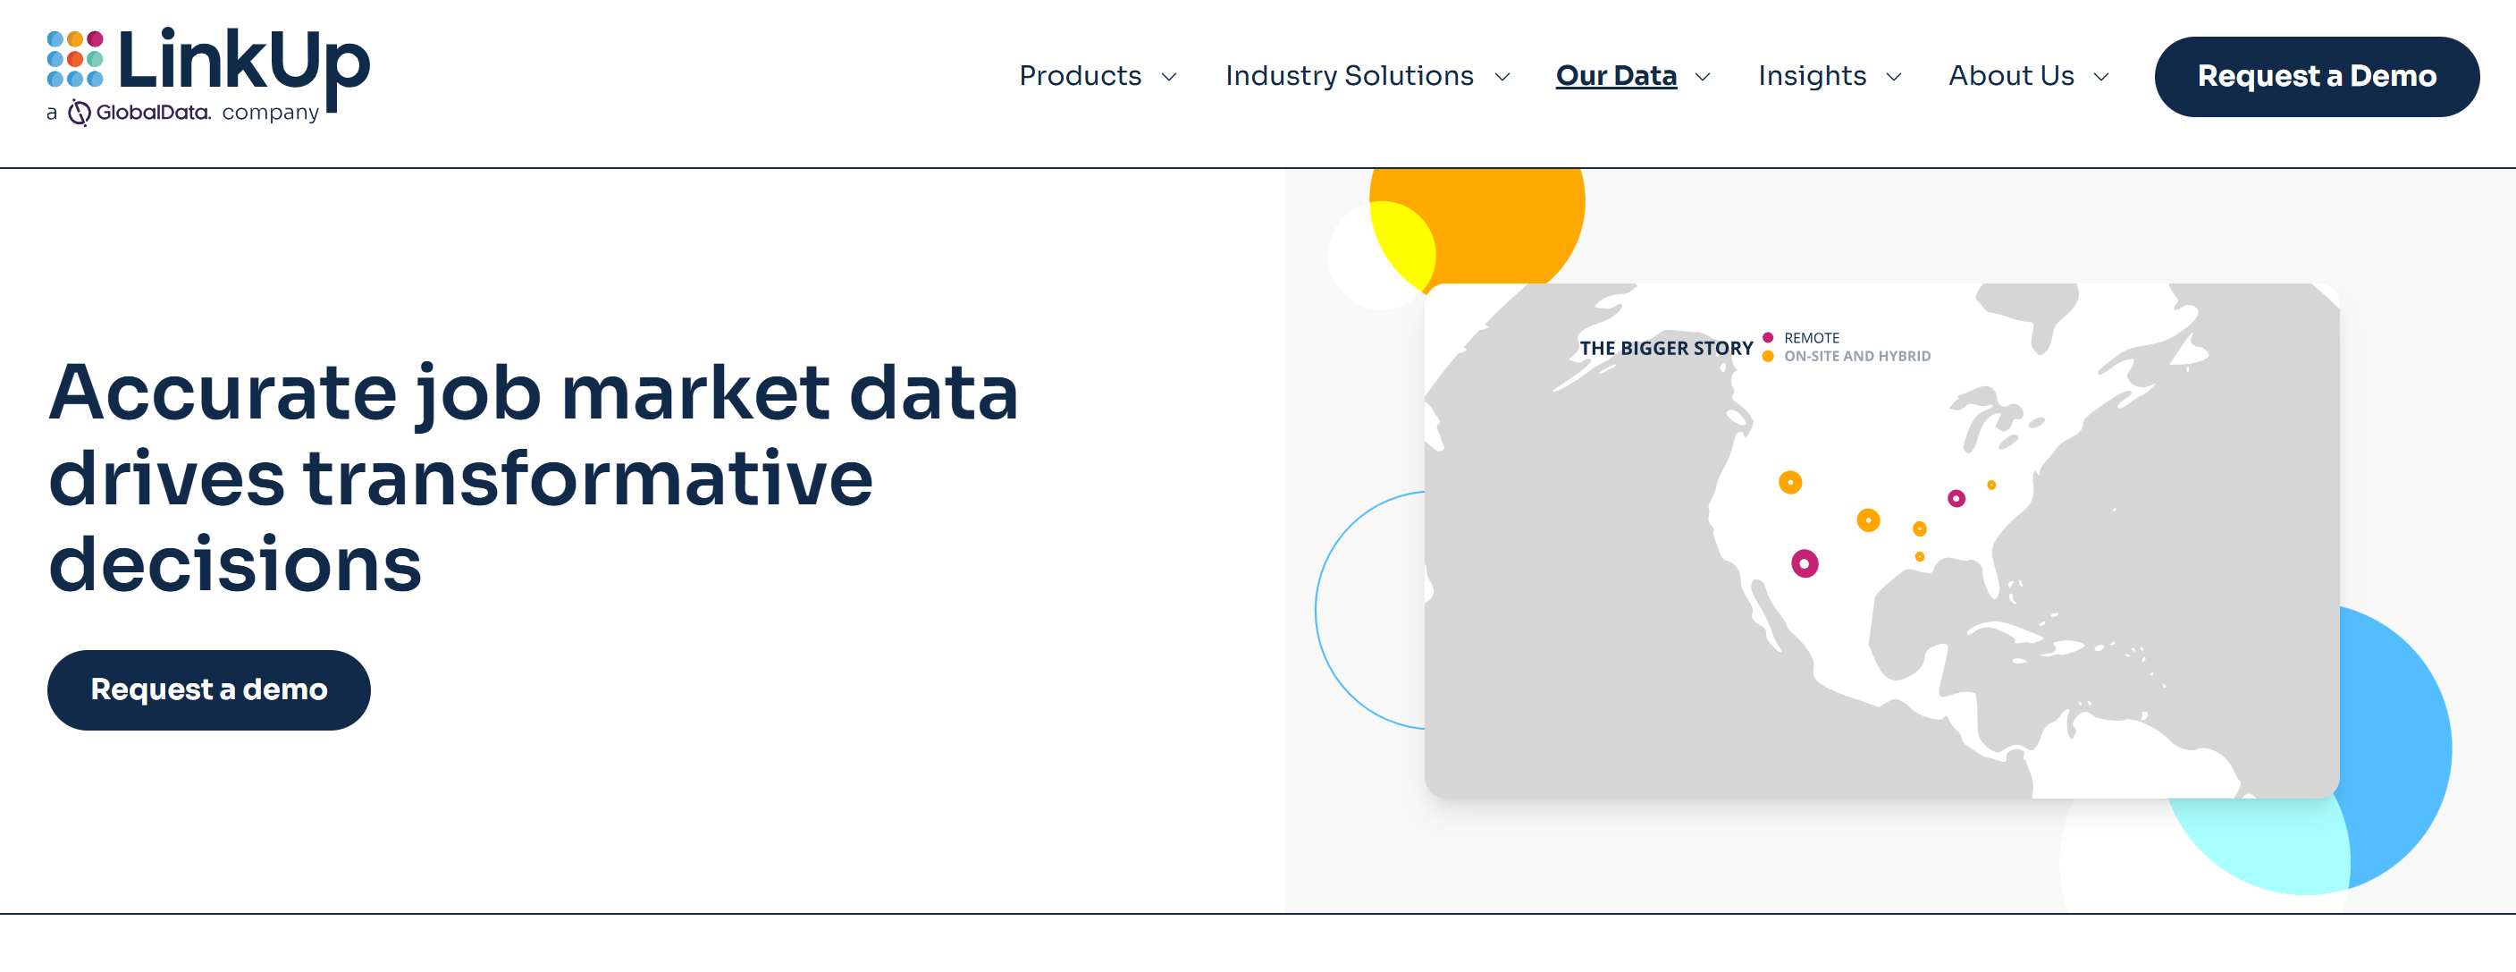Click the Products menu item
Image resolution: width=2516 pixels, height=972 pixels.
(1080, 75)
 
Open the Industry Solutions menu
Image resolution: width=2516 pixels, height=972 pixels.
(1349, 75)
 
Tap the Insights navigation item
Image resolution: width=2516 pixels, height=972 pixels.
(1811, 75)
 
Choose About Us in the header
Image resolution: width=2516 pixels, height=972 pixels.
(2010, 75)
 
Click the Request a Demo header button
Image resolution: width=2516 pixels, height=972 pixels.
(2316, 76)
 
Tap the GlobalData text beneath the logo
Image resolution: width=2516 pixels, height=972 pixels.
(151, 113)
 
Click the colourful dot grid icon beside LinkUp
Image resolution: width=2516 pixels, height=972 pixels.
(75, 59)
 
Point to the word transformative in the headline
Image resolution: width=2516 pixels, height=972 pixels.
(588, 478)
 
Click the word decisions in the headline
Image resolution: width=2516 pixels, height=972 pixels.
(234, 564)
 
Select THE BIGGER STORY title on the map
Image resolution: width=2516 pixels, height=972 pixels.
(1665, 348)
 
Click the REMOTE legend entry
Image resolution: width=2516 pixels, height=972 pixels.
(1810, 338)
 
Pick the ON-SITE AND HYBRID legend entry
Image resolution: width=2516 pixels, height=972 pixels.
(1855, 357)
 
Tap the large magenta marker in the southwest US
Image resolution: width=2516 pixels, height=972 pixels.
(1804, 563)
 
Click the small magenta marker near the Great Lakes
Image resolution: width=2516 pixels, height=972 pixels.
(1956, 498)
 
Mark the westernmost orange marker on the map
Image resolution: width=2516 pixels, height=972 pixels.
(1789, 483)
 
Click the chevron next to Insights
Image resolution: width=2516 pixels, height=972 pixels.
(1894, 76)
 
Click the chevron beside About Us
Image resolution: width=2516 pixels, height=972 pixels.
(2101, 76)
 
